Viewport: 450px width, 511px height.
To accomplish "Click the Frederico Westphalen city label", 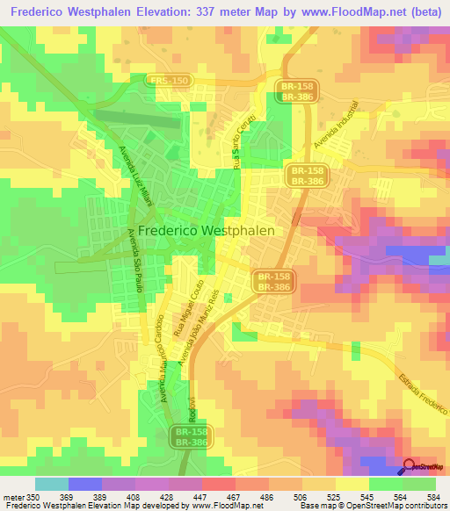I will (207, 230).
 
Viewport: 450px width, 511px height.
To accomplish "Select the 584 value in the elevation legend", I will (432, 498).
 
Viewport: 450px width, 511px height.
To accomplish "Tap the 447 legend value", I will (217, 498).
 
